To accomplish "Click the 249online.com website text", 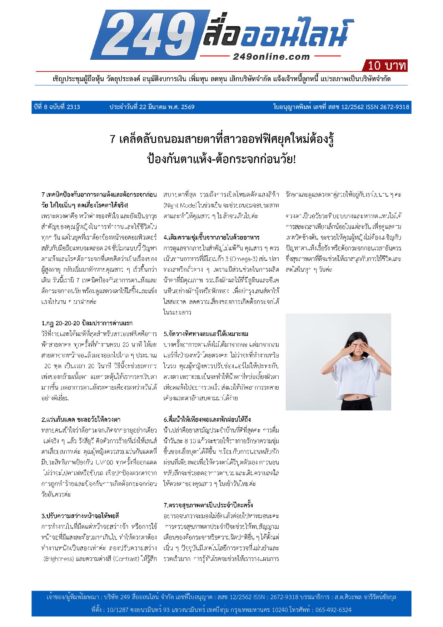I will (271, 56).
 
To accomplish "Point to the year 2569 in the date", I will (188, 107).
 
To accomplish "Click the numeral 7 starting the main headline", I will (113, 139).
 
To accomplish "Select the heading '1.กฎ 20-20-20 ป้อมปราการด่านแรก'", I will (87, 323).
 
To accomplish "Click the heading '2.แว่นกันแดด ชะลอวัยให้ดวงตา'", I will (81, 420).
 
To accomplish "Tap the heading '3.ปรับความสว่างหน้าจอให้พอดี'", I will (80, 516).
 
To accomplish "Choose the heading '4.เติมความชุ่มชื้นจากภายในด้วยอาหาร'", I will (211, 237).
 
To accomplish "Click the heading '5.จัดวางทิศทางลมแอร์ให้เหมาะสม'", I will (206, 334).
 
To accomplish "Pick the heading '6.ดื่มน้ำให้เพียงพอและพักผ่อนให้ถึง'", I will (207, 420).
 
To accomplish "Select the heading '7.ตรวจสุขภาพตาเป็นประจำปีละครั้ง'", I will (208, 505).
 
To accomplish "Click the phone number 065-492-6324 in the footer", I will (333, 610).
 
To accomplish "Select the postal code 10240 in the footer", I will (280, 610).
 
